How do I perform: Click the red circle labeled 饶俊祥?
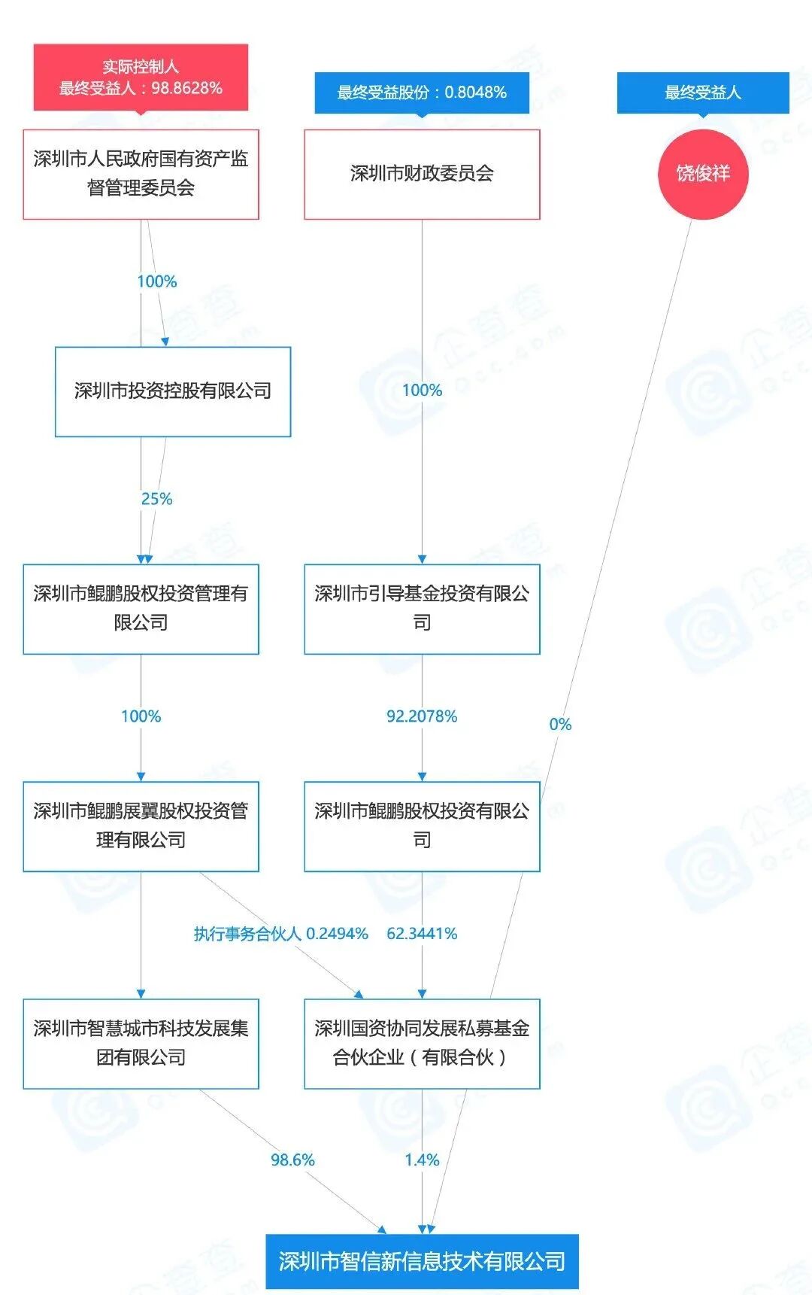(x=703, y=174)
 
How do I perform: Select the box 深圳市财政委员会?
(x=422, y=174)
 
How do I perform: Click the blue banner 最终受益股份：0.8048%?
(x=422, y=93)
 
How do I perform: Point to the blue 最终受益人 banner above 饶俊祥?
(x=703, y=93)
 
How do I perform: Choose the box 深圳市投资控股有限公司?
(x=173, y=391)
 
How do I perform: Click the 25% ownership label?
(x=156, y=499)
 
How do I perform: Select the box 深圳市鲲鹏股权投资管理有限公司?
(x=141, y=609)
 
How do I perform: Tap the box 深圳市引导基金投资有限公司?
(x=422, y=609)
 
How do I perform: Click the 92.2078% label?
(x=422, y=716)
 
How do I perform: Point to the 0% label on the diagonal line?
(x=560, y=725)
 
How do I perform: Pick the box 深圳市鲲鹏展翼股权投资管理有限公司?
(x=141, y=826)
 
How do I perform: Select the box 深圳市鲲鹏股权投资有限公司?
(x=422, y=826)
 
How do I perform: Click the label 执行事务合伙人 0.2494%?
(x=280, y=934)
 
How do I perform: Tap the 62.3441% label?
(x=422, y=934)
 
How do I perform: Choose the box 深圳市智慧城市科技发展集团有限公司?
(x=141, y=1044)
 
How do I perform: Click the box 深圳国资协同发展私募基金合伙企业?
(x=422, y=1044)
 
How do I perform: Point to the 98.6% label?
(x=292, y=1160)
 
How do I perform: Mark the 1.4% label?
(x=422, y=1160)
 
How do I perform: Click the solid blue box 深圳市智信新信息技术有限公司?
(x=422, y=1261)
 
